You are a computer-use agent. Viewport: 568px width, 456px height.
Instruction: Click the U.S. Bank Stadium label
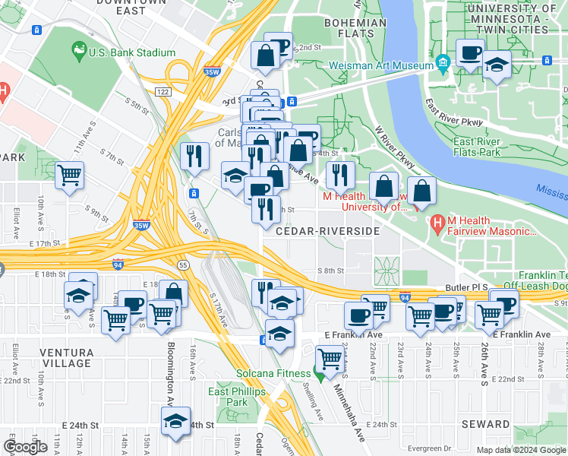click(132, 53)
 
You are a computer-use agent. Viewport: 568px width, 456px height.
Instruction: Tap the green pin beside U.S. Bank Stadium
click(78, 52)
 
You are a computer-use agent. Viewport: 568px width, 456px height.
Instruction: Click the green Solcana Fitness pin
click(320, 372)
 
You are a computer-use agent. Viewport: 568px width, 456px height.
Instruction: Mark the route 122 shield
click(162, 91)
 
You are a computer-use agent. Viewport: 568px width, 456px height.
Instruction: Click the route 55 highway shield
click(183, 264)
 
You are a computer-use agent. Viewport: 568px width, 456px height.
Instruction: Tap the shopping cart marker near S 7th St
click(69, 176)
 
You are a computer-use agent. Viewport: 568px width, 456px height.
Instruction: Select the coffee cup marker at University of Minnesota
click(469, 54)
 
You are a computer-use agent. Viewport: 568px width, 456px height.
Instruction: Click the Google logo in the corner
click(25, 447)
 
